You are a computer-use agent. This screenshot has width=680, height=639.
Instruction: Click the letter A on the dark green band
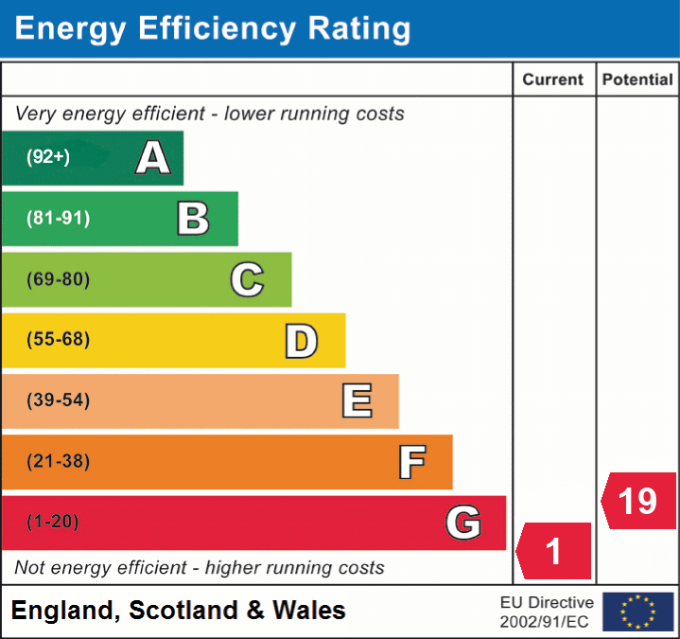153,158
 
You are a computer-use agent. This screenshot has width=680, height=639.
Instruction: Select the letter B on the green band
193,219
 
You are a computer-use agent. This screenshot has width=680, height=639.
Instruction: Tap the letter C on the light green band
247,279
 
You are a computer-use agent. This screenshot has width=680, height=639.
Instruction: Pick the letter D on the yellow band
301,341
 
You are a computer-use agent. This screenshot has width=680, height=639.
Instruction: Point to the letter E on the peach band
357,401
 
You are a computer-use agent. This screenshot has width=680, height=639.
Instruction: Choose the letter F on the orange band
411,462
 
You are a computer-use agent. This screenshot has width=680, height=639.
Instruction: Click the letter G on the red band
463,523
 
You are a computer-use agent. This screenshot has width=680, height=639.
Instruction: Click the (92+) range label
48,157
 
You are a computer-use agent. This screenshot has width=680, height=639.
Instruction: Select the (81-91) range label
59,219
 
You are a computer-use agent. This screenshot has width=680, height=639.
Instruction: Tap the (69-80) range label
59,279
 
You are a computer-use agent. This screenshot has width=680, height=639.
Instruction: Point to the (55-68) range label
59,340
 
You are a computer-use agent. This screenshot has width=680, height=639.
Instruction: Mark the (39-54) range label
59,400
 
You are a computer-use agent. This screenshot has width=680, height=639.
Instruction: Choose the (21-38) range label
59,461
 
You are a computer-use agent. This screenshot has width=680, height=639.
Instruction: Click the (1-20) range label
53,522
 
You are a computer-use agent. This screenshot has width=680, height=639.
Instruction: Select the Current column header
554,80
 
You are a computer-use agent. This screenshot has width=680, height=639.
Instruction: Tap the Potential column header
637,80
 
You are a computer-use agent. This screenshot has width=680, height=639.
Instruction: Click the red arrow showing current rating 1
554,551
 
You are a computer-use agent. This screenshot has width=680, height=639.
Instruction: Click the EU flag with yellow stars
637,612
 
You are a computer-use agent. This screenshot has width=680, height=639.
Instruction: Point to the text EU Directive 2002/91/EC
547,612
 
